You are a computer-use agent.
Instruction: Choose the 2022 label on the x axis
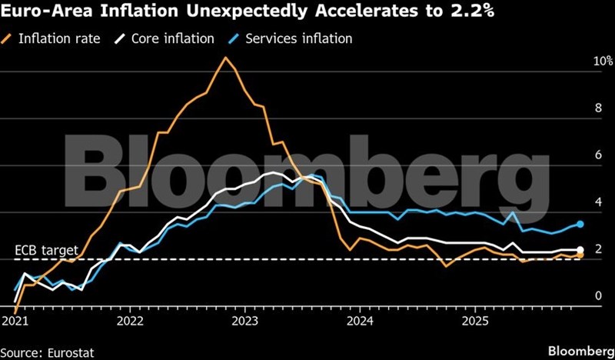tap(130, 319)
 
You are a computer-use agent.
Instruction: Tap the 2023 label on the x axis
tap(244, 319)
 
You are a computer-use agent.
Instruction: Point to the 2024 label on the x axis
tap(360, 319)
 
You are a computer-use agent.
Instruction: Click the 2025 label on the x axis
tap(474, 319)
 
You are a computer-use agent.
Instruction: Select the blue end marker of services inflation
tap(580, 224)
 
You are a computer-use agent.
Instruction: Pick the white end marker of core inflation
tap(580, 249)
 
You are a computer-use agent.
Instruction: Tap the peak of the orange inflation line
tap(224, 58)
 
